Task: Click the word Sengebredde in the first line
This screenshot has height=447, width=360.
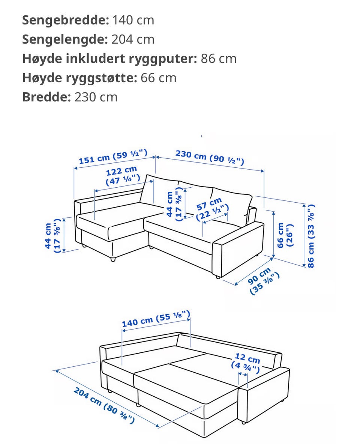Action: click(66, 20)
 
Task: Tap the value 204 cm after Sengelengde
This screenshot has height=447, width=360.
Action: click(133, 39)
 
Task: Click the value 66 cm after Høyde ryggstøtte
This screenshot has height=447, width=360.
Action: click(158, 78)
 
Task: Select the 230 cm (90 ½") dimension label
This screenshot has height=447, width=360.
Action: click(210, 157)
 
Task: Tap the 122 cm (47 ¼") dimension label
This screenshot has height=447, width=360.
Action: click(123, 176)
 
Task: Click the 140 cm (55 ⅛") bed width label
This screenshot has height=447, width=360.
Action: click(156, 319)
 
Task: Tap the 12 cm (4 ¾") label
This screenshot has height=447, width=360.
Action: click(246, 363)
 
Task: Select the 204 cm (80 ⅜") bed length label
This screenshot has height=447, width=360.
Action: click(104, 405)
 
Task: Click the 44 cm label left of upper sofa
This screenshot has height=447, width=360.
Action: click(53, 236)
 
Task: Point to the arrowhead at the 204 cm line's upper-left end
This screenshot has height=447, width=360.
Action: click(57, 371)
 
